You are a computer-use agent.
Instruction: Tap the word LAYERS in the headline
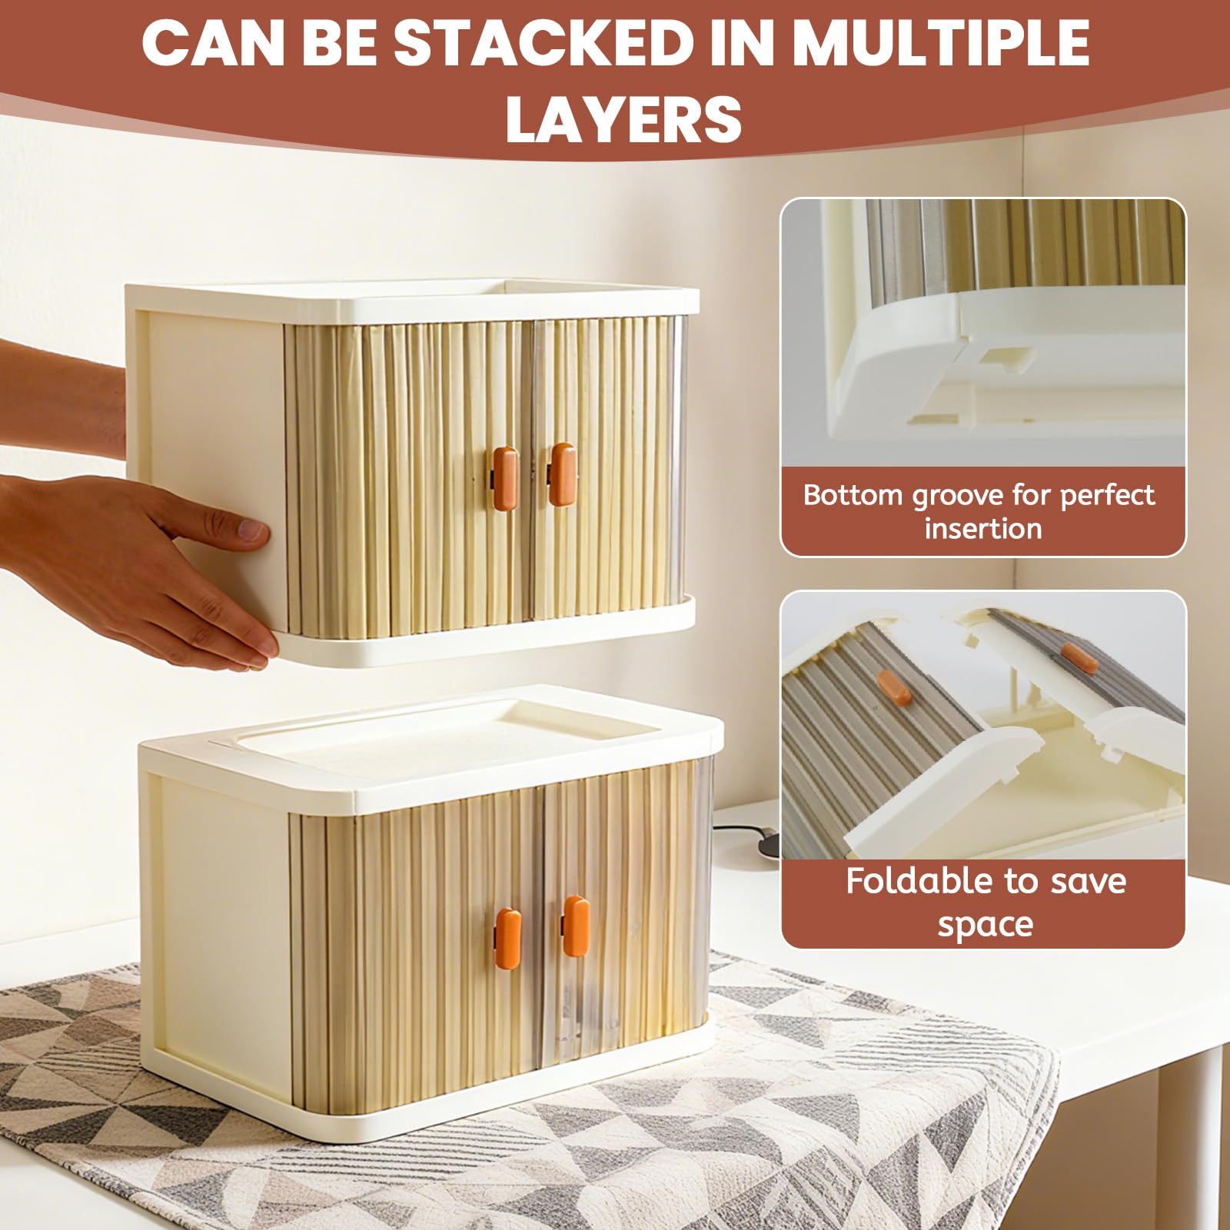click(x=623, y=119)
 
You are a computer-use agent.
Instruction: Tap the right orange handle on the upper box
click(x=562, y=474)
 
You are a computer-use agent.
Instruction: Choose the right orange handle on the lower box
click(x=576, y=926)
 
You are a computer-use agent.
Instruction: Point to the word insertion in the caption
click(x=983, y=530)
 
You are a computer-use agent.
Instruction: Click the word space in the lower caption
click(x=985, y=925)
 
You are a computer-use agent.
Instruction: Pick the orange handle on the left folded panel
click(x=893, y=686)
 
